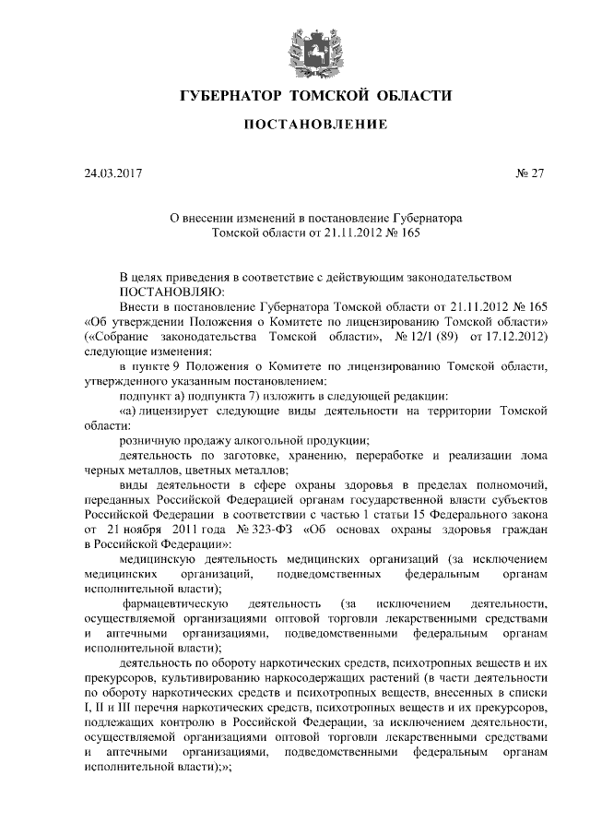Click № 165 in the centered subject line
401,233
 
